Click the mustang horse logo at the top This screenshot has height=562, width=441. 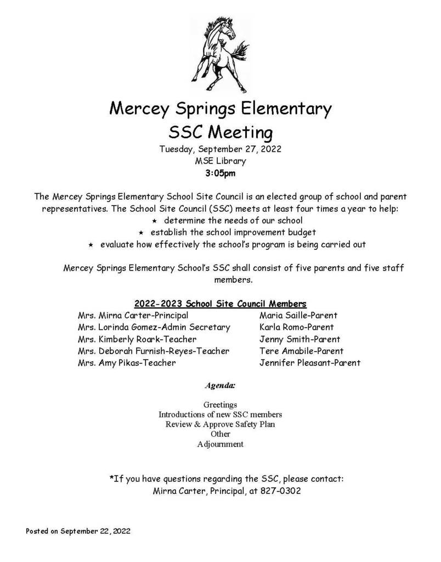point(220,49)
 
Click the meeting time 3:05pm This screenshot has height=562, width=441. point(220,173)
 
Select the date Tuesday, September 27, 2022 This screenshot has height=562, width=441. point(220,148)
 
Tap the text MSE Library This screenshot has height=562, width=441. point(220,161)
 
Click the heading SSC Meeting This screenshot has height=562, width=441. point(220,132)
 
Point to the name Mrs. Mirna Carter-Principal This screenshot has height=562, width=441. point(133,316)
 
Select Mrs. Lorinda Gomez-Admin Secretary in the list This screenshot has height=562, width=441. point(154,327)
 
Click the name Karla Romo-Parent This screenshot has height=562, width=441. point(293,327)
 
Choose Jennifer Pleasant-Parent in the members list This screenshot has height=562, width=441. point(309,363)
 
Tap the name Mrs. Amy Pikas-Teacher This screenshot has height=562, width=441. point(127,363)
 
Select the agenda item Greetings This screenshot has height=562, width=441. point(220,404)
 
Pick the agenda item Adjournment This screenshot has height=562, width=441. point(220,444)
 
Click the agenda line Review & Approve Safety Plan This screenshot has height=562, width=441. point(220,424)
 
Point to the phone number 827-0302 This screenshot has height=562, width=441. point(281,491)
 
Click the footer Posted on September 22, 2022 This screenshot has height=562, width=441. point(78,531)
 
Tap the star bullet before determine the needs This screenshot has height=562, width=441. point(154,221)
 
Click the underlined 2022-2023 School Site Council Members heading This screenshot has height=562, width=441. point(220,304)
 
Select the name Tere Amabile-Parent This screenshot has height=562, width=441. point(301,351)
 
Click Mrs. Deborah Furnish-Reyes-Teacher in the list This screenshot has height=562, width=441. point(154,351)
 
